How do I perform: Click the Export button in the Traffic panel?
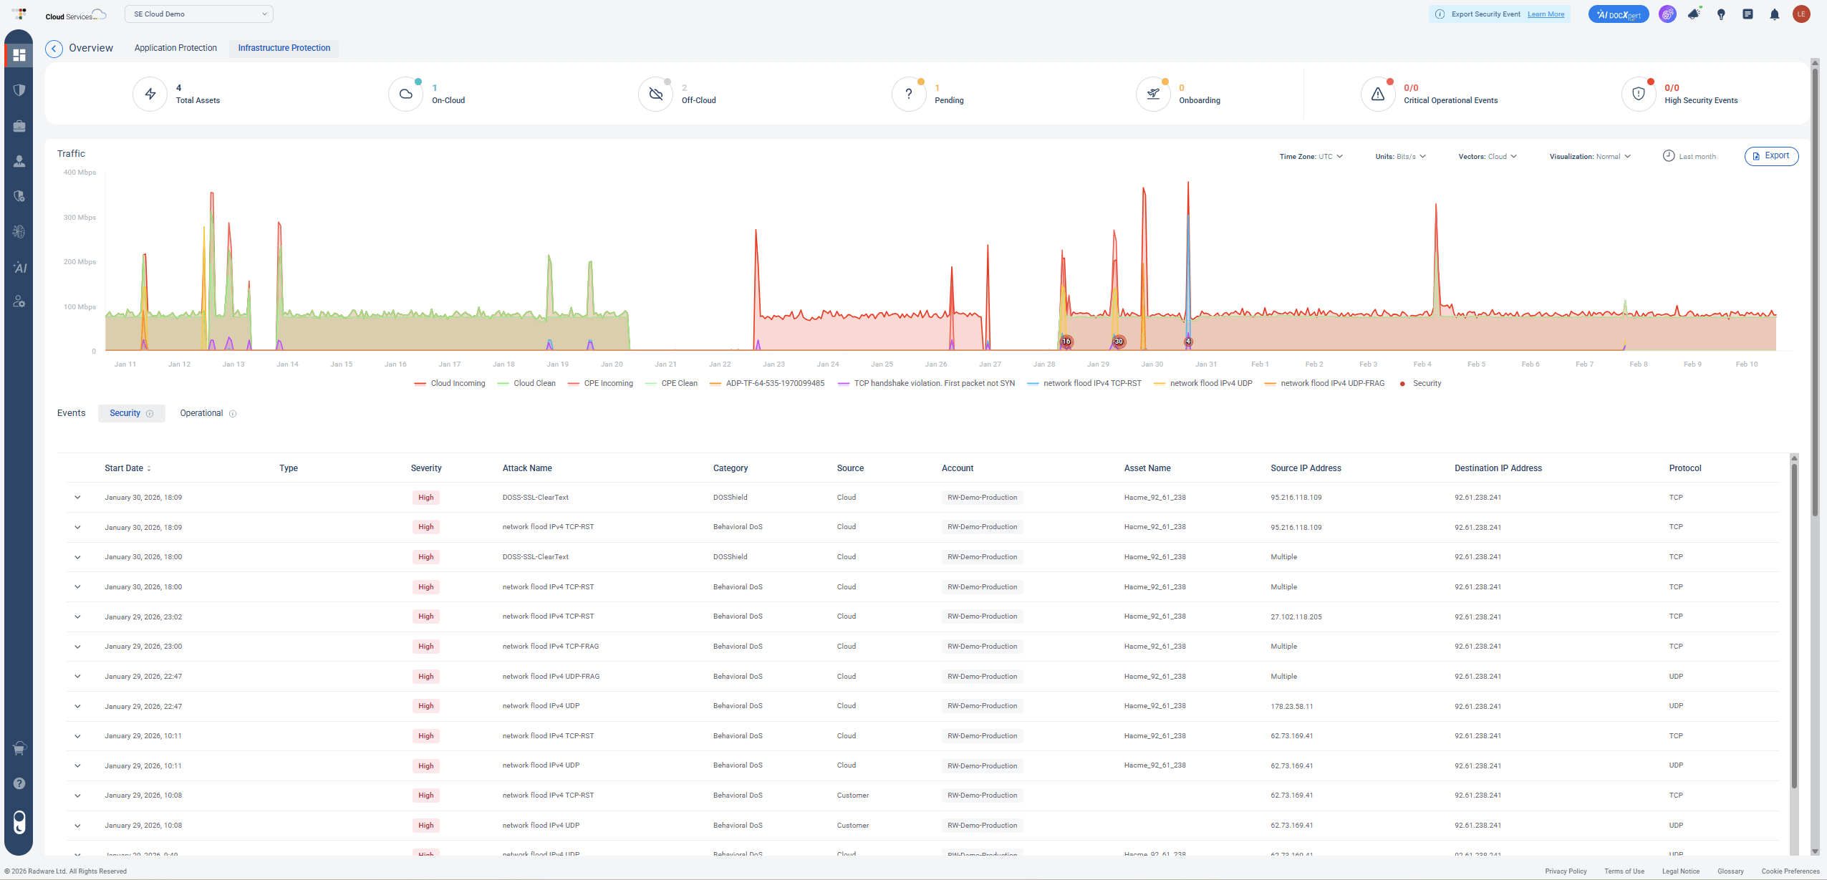(1770, 156)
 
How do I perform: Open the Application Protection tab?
(175, 48)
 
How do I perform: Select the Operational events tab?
(201, 413)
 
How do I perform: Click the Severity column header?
(425, 468)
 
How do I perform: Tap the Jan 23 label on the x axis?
(773, 364)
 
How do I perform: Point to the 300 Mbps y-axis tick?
(79, 218)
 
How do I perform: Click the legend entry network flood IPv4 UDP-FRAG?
(1331, 384)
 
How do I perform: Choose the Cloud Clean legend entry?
(534, 384)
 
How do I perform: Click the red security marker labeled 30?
(1119, 342)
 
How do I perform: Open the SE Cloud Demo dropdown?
(198, 14)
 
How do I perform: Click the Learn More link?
(1546, 14)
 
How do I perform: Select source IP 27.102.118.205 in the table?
(1296, 617)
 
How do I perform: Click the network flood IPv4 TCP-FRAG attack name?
(550, 647)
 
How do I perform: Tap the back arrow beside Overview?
(54, 49)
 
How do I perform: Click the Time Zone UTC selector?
(1311, 157)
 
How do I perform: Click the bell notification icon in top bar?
(1774, 14)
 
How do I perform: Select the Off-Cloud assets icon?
(655, 94)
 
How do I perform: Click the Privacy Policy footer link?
(1566, 871)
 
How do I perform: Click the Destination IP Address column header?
(1498, 468)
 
